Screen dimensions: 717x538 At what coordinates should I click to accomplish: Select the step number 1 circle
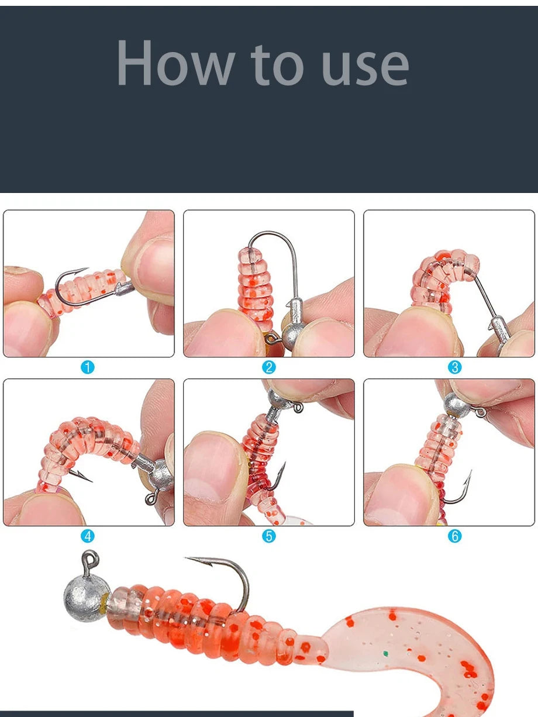tap(87, 367)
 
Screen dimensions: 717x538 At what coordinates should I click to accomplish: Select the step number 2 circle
tap(269, 367)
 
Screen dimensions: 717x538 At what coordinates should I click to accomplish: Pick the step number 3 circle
tap(454, 367)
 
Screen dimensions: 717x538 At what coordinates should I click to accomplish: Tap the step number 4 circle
tap(87, 536)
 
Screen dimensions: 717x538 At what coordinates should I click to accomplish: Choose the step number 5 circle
tap(269, 536)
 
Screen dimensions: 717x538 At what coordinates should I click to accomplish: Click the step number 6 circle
tap(454, 536)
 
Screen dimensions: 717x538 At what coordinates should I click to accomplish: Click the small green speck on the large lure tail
tap(386, 653)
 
